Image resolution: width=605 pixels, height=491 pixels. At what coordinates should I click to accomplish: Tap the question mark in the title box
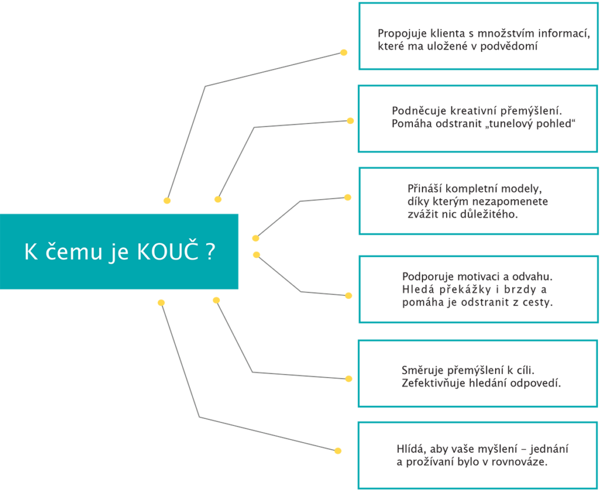coord(210,252)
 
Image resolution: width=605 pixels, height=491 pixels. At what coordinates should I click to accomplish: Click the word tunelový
coord(506,124)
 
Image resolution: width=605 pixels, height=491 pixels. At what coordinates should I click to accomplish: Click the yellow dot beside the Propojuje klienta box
coord(343,53)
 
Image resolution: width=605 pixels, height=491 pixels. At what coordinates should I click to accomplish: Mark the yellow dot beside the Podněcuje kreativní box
coord(350,121)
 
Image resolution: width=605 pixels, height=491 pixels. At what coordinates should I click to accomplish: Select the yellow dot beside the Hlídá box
coord(338,450)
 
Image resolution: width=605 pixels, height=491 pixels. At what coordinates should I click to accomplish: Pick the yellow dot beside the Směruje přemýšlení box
coord(349,379)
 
